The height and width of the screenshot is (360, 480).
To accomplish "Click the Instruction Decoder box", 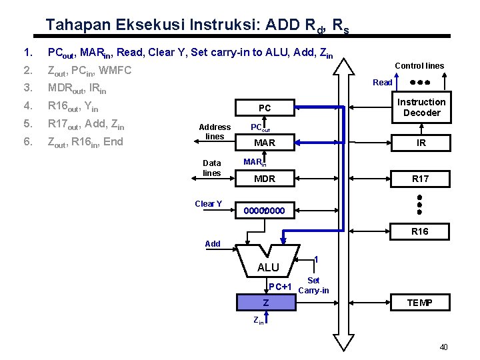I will tap(421, 107).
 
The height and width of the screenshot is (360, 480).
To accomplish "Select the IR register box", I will tap(421, 143).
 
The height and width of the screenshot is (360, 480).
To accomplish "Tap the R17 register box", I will tap(421, 179).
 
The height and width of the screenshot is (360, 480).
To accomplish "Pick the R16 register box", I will tap(421, 231).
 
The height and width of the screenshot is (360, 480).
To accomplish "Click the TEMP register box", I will tap(421, 303).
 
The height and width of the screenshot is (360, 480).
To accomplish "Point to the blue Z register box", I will tap(266, 303).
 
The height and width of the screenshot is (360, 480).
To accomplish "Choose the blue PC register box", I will tap(265, 108).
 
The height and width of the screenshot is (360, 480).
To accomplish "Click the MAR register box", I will tap(265, 143).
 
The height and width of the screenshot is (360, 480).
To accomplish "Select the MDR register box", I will tap(265, 179).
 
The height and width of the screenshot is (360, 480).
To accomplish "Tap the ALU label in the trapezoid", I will tap(268, 267).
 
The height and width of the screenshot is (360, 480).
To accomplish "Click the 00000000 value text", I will tap(264, 211).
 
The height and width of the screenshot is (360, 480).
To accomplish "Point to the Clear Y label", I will tap(208, 204).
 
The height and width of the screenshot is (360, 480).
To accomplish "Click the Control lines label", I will tap(419, 66).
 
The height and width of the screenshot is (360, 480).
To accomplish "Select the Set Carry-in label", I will tap(313, 285).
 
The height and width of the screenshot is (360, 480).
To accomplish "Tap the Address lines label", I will tap(215, 131).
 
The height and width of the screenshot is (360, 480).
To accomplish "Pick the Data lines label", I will tap(212, 167).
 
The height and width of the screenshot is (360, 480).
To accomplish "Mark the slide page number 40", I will tap(444, 347).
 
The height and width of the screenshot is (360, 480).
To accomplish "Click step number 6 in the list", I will tap(27, 141).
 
